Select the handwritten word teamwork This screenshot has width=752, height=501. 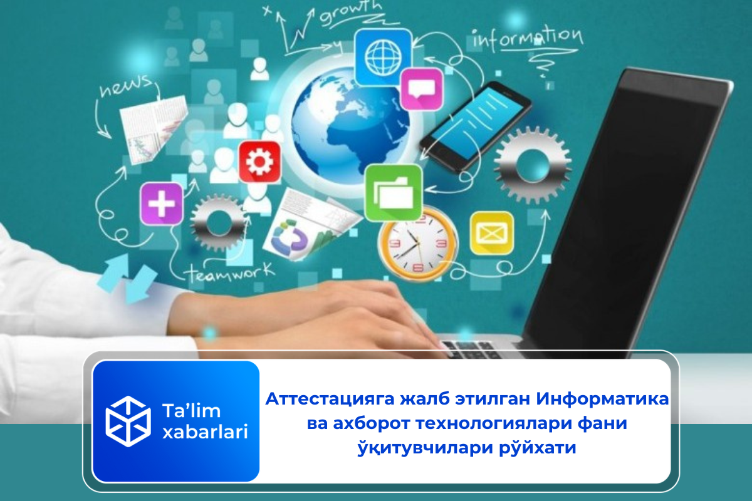click(x=229, y=273)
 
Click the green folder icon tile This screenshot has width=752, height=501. click(x=393, y=192)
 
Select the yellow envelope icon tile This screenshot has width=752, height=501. click(x=492, y=233)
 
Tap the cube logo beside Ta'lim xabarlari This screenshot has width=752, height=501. click(x=128, y=420)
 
